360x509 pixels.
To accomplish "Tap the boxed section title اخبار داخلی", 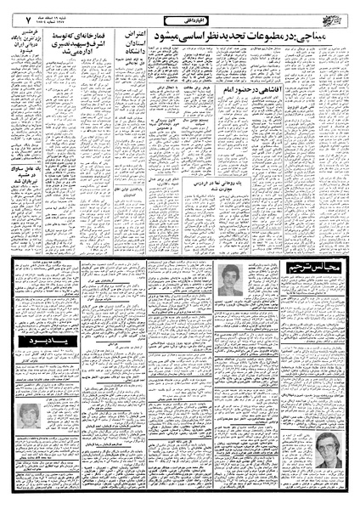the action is (178, 16).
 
